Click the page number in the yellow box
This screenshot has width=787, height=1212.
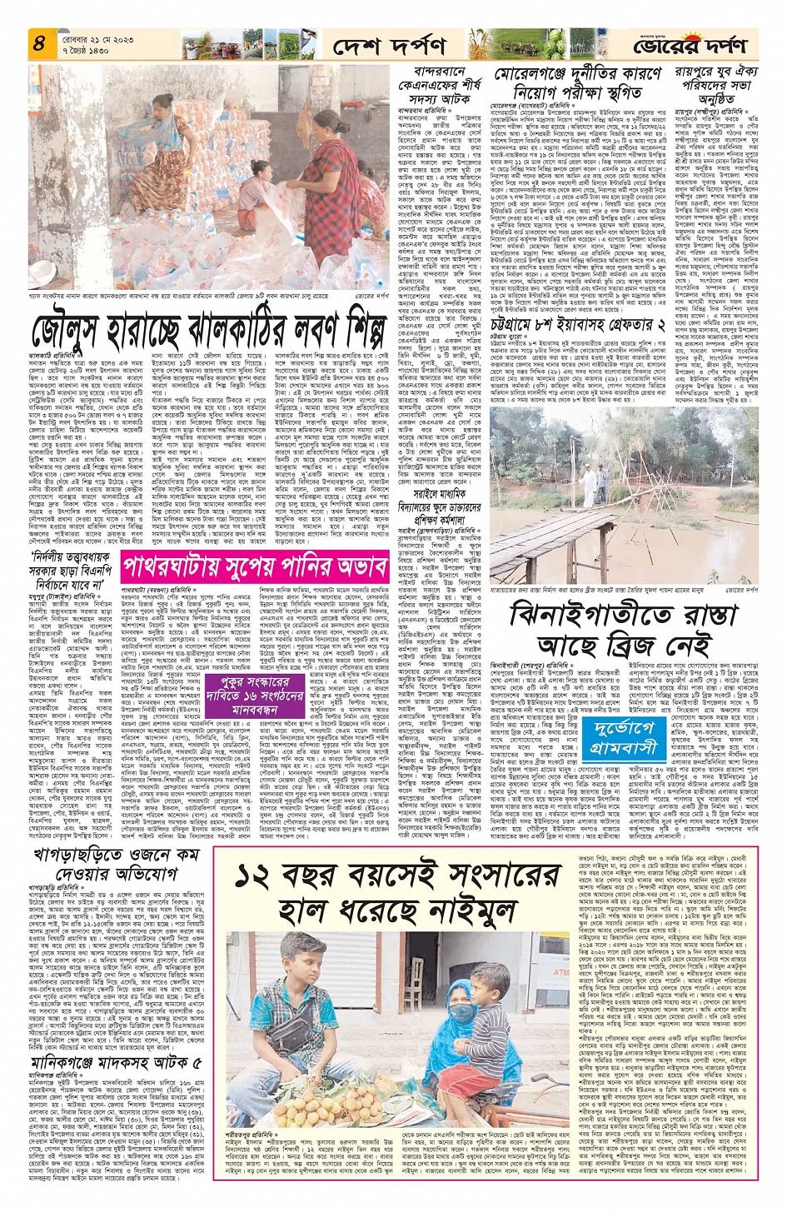tap(38, 44)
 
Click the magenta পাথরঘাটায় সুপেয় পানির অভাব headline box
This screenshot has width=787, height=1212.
tap(254, 569)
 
